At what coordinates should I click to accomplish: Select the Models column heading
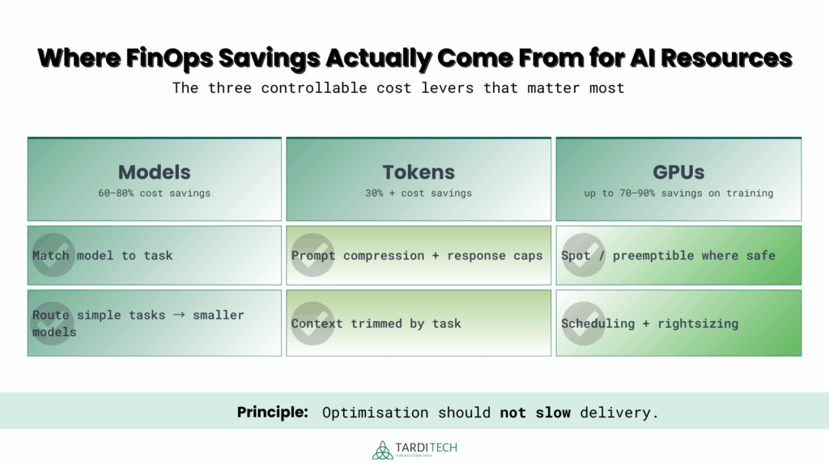tap(154, 172)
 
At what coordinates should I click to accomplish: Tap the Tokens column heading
tap(419, 172)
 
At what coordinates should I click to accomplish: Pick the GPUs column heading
tap(678, 172)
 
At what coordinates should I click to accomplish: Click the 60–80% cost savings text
tap(154, 193)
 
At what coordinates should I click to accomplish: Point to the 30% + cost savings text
tap(419, 193)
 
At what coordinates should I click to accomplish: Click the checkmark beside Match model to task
tap(53, 255)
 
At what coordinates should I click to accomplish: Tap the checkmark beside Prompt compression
tap(312, 255)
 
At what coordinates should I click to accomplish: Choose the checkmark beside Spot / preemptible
tap(581, 255)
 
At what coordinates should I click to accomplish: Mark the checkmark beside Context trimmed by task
tap(312, 323)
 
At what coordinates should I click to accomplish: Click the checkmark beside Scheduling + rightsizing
tap(581, 323)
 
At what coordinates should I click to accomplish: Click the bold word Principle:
tap(273, 413)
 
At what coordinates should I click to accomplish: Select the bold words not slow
tap(535, 413)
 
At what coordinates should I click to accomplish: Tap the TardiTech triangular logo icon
tap(383, 450)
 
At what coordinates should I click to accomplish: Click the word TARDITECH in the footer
tap(427, 447)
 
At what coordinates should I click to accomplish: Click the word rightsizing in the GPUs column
tap(699, 324)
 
